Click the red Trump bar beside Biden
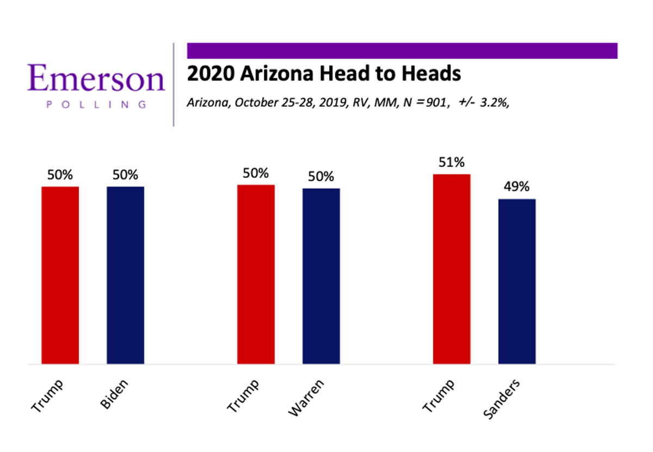tap(60, 275)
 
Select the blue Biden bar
tap(125, 275)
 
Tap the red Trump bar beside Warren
tap(256, 274)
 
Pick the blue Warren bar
tap(321, 276)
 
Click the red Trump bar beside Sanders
tap(452, 269)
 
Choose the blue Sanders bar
tap(517, 281)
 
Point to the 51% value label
tap(452, 163)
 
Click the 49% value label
tap(517, 187)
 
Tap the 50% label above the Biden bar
tap(125, 175)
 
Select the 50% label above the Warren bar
tap(321, 177)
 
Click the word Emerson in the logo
tap(96, 79)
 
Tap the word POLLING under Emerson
tap(96, 105)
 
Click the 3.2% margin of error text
tap(494, 102)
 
